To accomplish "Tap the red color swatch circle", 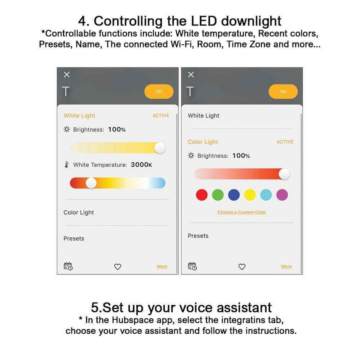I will click(202, 195).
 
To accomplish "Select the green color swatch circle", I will click(218, 195).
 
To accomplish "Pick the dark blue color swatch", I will click(234, 195).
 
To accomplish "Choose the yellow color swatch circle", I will click(250, 195).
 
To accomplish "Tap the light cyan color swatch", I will click(266, 195).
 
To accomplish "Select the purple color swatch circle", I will click(282, 195).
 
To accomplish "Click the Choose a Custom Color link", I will click(242, 212).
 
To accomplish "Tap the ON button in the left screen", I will click(159, 91).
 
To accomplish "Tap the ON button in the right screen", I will click(283, 91).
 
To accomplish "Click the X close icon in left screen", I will click(67, 75).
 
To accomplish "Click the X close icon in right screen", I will click(191, 75).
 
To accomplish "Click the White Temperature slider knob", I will click(91, 183).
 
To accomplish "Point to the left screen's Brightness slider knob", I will click(160, 148).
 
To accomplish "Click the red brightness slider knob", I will click(284, 174).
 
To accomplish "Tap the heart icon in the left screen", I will click(118, 267).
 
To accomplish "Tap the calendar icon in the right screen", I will click(192, 266).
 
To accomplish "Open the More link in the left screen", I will click(162, 267).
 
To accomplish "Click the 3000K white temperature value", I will click(141, 165).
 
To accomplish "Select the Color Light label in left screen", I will click(79, 213).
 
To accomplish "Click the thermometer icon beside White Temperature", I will click(67, 165).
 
